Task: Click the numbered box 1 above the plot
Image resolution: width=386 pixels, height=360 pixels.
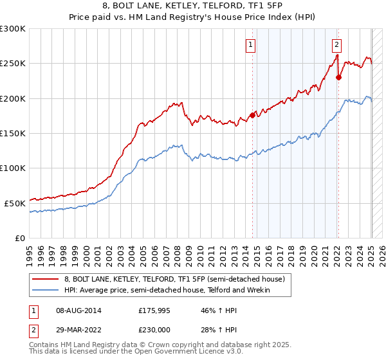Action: tap(250, 45)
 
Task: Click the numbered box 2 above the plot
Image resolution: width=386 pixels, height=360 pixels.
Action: tap(336, 45)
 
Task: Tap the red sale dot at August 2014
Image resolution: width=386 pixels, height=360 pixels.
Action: tap(252, 116)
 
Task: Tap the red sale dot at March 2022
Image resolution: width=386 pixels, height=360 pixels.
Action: tap(339, 78)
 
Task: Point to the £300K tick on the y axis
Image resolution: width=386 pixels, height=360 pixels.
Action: tap(13, 29)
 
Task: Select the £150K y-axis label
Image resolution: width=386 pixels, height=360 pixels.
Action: tap(13, 133)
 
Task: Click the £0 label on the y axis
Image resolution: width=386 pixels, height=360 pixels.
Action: tap(19, 238)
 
